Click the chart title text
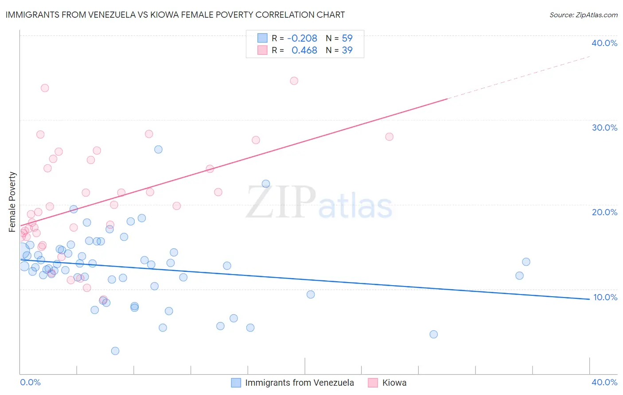coord(175,15)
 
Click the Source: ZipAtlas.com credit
coord(583,15)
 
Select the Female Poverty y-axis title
coord(12,202)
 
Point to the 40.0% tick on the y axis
coord(604,43)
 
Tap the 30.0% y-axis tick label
coord(604,128)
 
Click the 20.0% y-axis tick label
coord(604,212)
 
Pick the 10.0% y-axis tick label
coord(605,297)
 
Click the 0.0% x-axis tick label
coord(30,382)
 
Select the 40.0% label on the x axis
coord(604,382)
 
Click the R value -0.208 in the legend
coord(302,39)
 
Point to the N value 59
coord(347,39)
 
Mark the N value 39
coord(347,50)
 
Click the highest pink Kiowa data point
coord(294,81)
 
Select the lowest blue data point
coord(115,351)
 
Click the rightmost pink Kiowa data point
coord(389,136)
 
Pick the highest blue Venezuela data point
coord(158,149)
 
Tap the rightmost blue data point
coord(526,262)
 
